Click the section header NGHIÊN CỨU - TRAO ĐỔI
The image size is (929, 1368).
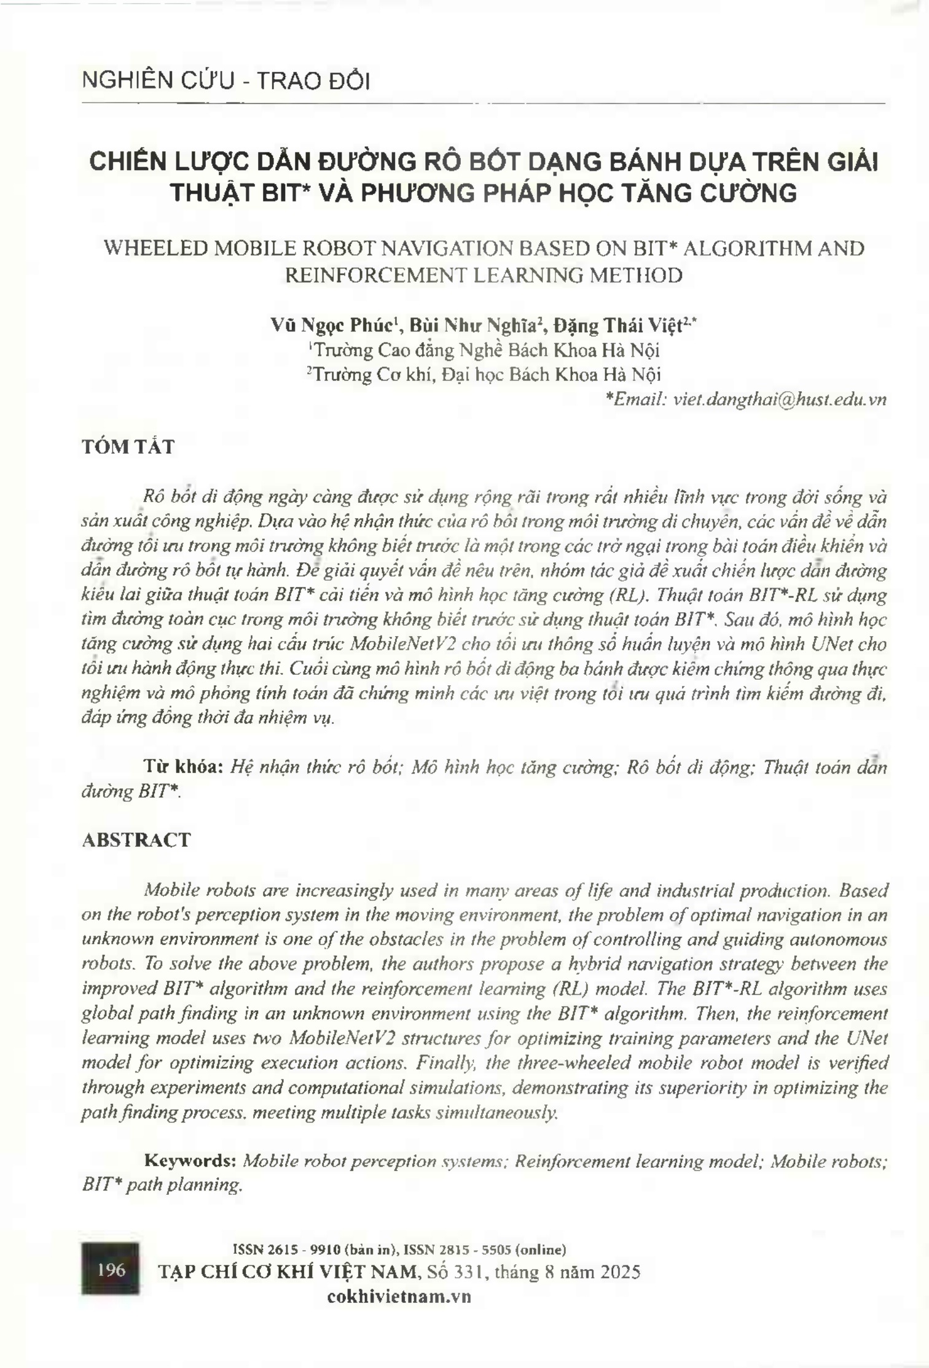point(225,81)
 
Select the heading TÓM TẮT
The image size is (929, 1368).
point(128,446)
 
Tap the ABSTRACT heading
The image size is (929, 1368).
point(136,839)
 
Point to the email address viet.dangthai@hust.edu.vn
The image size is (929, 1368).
point(780,399)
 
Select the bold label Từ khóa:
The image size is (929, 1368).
point(183,767)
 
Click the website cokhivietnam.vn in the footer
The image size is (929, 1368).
point(400,1296)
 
